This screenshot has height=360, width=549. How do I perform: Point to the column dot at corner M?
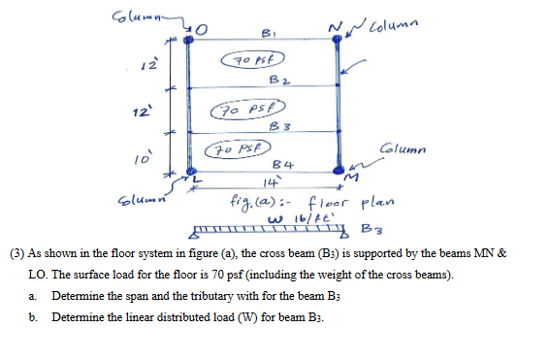click(x=337, y=173)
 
